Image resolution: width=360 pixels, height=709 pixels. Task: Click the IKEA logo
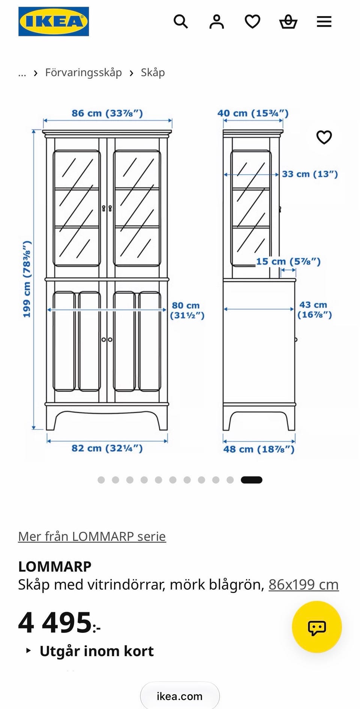54,21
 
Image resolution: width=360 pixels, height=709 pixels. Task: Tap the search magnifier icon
180,21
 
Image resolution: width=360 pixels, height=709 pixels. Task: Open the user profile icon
216,21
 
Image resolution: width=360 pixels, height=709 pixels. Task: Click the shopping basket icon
288,21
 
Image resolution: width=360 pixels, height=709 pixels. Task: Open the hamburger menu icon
324,21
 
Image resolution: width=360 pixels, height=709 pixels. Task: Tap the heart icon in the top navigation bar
252,21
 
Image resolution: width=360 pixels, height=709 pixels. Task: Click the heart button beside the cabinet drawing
324,137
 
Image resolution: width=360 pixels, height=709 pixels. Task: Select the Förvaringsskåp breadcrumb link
83,72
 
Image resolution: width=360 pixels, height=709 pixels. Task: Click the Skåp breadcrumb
153,72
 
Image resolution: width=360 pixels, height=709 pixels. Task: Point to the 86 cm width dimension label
107,113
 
